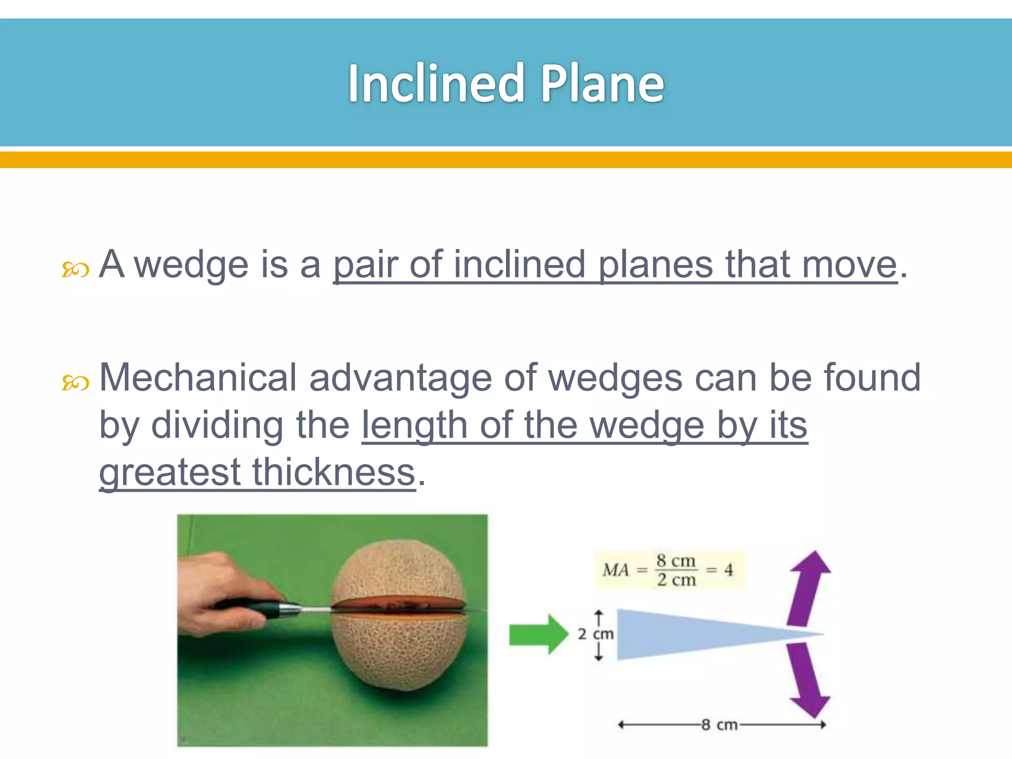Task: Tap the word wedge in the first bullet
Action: click(191, 265)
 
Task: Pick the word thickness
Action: click(334, 472)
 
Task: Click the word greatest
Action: click(169, 473)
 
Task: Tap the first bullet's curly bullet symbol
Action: click(75, 270)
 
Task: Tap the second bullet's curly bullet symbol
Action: click(75, 383)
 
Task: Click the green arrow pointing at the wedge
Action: click(539, 634)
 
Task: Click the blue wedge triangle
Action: click(692, 634)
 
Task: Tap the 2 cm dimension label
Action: click(596, 634)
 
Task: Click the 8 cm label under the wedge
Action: click(719, 725)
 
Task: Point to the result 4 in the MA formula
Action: click(728, 570)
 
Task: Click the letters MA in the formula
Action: click(616, 570)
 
